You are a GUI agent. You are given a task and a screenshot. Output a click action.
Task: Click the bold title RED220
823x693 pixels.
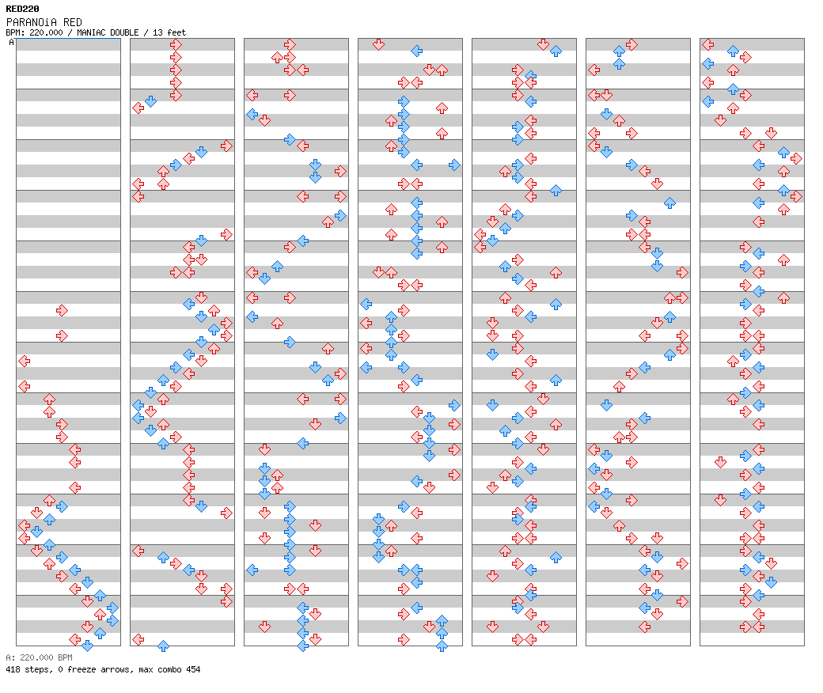pyautogui.click(x=22, y=9)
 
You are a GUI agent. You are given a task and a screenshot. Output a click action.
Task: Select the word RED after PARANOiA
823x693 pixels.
pyautogui.click(x=73, y=22)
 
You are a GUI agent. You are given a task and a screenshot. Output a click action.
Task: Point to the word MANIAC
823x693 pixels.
pyautogui.click(x=90, y=32)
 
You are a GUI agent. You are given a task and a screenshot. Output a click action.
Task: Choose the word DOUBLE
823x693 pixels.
pyautogui.click(x=124, y=32)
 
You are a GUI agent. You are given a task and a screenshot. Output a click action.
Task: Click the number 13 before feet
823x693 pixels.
pyautogui.click(x=157, y=32)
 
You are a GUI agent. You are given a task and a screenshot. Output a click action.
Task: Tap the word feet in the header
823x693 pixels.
pyautogui.click(x=176, y=32)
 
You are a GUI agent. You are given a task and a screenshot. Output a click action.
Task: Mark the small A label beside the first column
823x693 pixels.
pyautogui.click(x=12, y=42)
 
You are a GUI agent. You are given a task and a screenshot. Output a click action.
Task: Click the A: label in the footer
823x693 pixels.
pyautogui.click(x=10, y=657)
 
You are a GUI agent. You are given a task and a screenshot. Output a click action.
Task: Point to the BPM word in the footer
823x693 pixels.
pyautogui.click(x=65, y=657)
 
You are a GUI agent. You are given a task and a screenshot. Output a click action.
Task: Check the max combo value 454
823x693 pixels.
pyautogui.click(x=193, y=669)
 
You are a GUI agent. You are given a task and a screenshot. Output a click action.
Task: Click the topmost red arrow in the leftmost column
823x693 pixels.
pyautogui.click(x=62, y=311)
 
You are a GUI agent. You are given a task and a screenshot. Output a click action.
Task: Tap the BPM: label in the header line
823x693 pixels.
pyautogui.click(x=15, y=32)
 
